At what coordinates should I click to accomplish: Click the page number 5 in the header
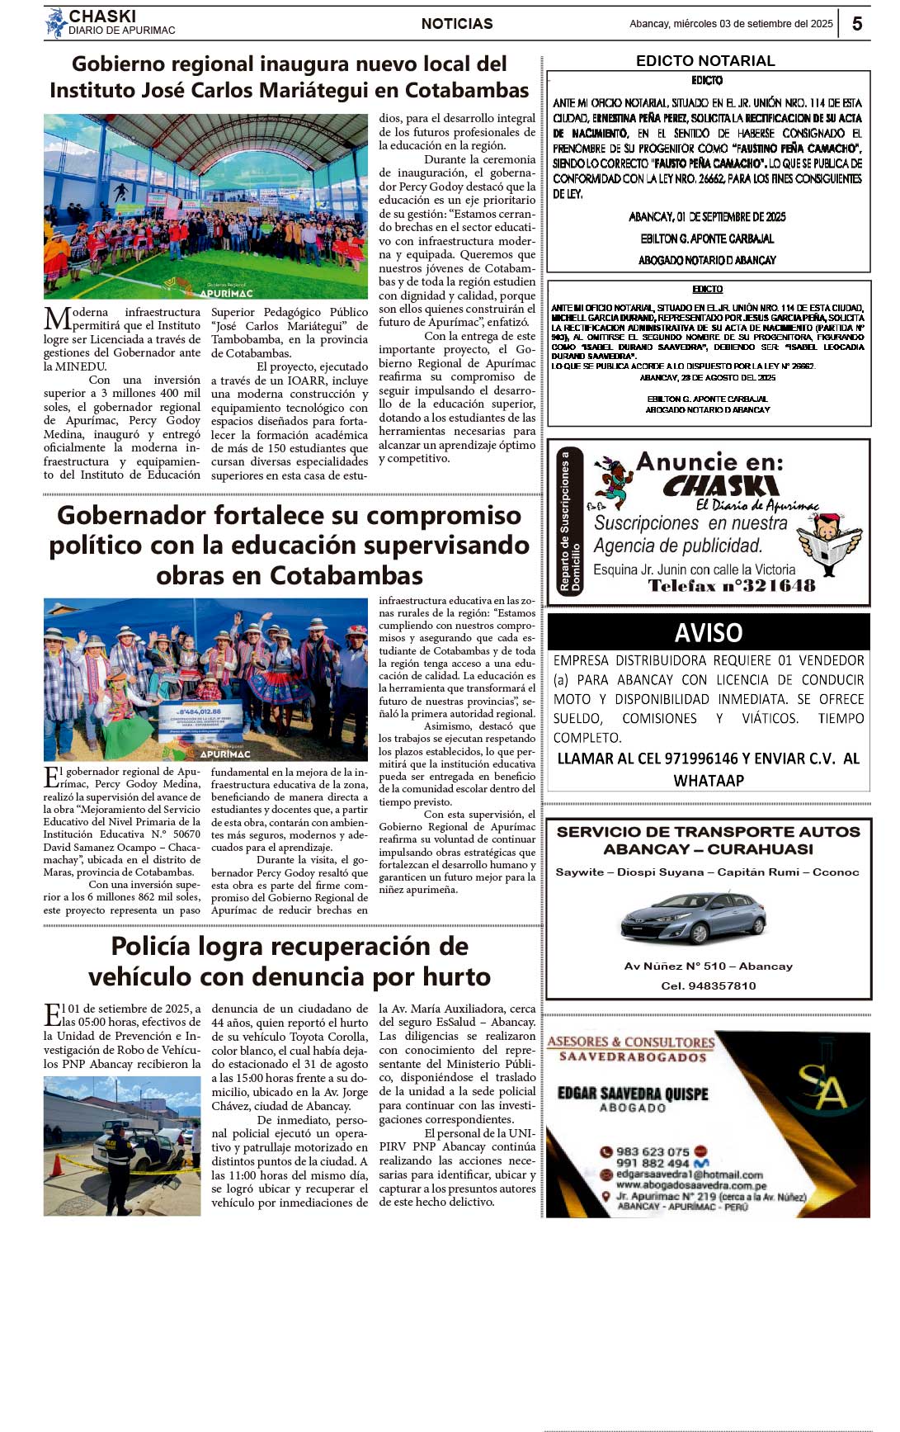857,24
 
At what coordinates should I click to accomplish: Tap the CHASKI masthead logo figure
56,23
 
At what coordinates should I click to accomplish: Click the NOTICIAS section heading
457,24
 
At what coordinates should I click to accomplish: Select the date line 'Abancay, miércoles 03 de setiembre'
731,24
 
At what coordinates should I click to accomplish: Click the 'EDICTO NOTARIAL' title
705,61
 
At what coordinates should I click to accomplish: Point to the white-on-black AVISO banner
708,632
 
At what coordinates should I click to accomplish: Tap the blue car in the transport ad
693,918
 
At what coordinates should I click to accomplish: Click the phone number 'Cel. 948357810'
708,985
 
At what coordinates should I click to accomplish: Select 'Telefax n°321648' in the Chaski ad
731,586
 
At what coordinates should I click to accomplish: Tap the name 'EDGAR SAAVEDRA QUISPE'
633,1094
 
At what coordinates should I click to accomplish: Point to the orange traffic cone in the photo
57,1165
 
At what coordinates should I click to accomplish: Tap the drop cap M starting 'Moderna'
56,319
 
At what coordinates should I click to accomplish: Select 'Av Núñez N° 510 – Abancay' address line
708,966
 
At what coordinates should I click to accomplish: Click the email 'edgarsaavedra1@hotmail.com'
689,1174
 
